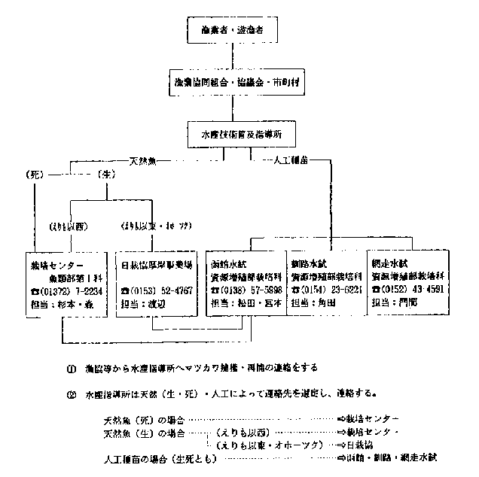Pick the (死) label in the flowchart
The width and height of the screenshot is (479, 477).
[34, 175]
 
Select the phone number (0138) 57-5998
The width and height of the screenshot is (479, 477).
[246, 290]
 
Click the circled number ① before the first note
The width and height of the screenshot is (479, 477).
[71, 368]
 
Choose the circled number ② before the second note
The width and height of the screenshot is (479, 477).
[71, 392]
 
